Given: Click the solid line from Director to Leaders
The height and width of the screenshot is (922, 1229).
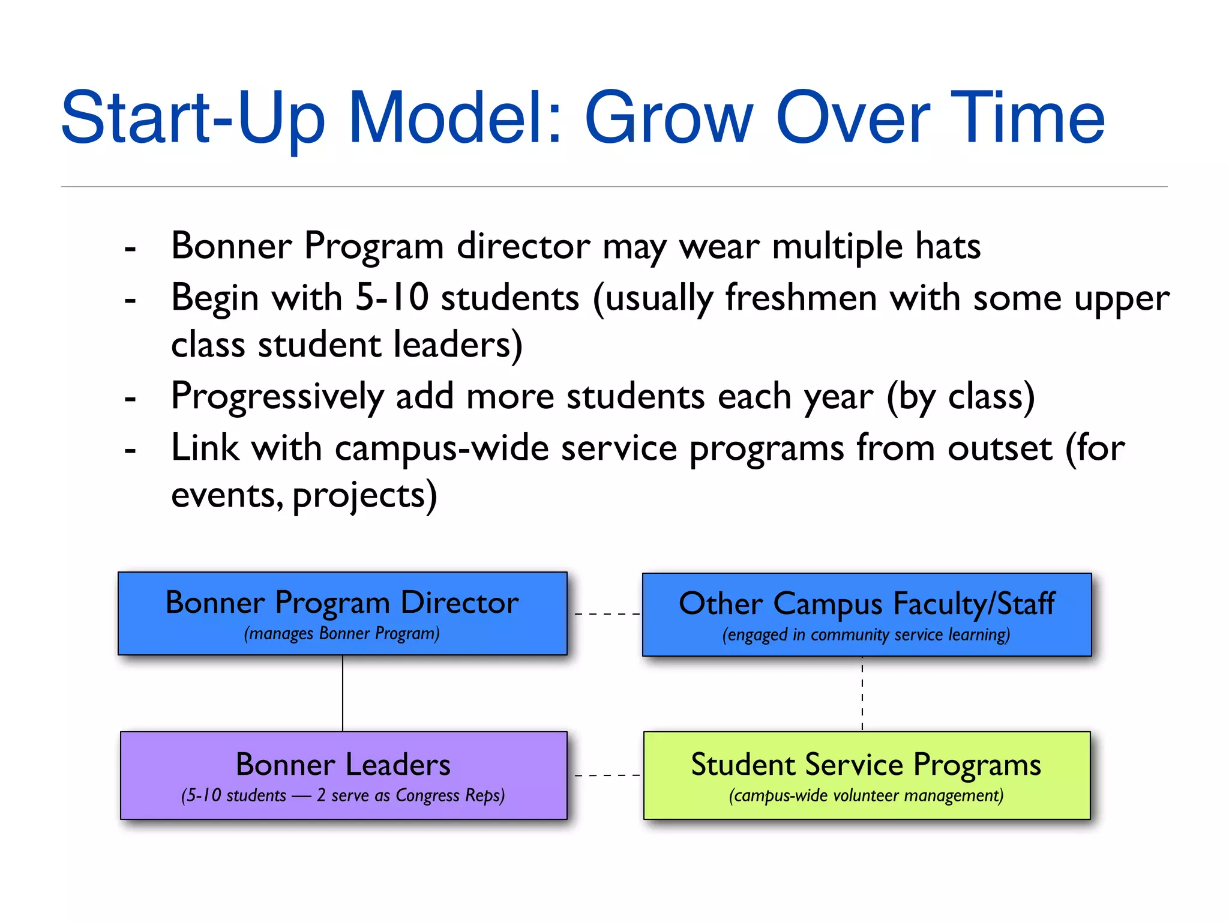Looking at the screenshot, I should (343, 693).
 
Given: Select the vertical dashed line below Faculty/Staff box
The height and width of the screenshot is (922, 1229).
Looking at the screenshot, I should (862, 693).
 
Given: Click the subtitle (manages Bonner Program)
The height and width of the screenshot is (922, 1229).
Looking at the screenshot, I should (342, 634).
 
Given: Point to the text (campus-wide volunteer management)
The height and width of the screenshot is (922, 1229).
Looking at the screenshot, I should (866, 796).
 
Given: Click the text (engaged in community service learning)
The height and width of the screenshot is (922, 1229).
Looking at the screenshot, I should (866, 635).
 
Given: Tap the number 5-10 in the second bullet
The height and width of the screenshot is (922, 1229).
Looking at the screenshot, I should (392, 297).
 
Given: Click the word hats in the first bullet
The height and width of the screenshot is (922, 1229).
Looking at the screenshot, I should (948, 246).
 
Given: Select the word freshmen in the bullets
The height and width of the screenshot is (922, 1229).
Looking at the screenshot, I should (801, 297).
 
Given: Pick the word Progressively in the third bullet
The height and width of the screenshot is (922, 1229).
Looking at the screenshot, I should (277, 397).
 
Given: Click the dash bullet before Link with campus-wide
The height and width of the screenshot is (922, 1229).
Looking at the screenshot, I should (130, 450).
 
